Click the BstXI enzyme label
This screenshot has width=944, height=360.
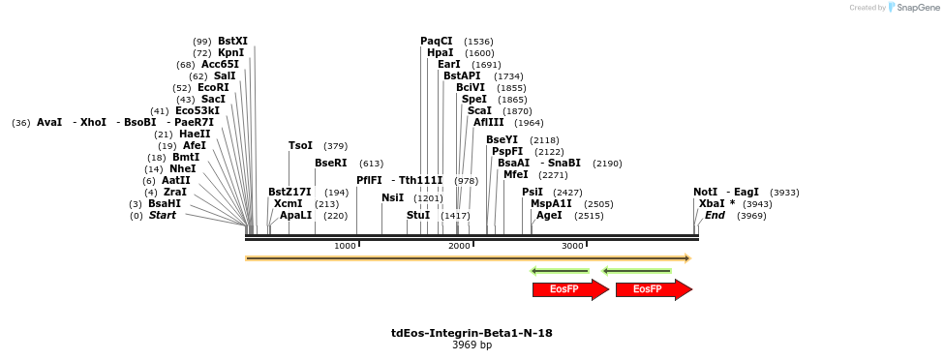coord(232,41)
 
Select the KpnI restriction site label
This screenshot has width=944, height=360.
coord(231,52)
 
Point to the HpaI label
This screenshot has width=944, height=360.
coord(440,52)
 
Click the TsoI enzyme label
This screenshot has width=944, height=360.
coord(300,145)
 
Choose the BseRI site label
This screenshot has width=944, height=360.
coord(330,163)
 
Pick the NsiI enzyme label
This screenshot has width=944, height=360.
coord(392,197)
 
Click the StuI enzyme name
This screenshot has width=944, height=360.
coord(418,215)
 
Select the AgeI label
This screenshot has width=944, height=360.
coord(549,215)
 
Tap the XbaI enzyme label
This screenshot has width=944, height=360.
coord(712,203)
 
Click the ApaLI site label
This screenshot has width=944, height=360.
coord(296,215)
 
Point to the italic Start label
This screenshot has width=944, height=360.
coord(163,215)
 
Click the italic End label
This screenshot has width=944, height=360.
coord(715,215)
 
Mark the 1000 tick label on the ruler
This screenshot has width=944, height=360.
coord(345,247)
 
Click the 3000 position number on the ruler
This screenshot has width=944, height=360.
coord(572,247)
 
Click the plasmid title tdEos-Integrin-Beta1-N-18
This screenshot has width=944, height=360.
coord(472,333)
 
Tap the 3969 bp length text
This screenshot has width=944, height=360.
coord(472,345)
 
